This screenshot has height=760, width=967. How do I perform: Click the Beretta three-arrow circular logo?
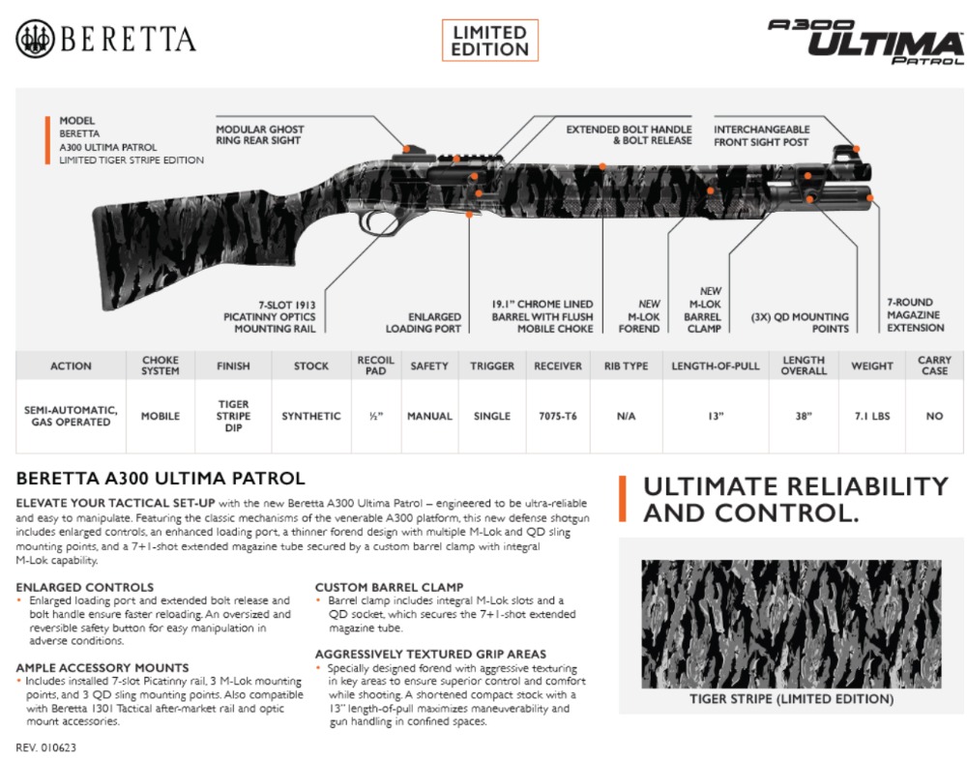pyautogui.click(x=35, y=39)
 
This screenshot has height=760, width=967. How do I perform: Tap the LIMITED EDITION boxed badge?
pyautogui.click(x=490, y=41)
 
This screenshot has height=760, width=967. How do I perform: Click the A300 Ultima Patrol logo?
pyautogui.click(x=865, y=42)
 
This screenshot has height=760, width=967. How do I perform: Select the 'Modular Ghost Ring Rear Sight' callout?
pyautogui.click(x=259, y=135)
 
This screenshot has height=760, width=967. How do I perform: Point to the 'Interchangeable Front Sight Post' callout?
pyautogui.click(x=762, y=135)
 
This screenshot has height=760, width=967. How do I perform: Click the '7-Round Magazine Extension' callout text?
pyautogui.click(x=915, y=315)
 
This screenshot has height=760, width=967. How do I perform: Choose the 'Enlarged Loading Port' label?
pyautogui.click(x=424, y=323)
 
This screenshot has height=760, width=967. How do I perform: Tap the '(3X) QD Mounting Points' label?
pyautogui.click(x=800, y=323)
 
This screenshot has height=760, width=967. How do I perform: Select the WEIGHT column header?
pyautogui.click(x=872, y=365)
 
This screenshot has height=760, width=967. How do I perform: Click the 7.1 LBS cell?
pyautogui.click(x=872, y=417)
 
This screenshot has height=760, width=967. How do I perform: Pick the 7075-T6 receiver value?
pyautogui.click(x=558, y=417)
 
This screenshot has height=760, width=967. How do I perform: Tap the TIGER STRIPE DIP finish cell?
pyautogui.click(x=233, y=416)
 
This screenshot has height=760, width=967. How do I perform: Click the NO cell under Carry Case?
pyautogui.click(x=934, y=417)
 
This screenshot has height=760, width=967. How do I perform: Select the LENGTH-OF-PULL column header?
pyautogui.click(x=716, y=365)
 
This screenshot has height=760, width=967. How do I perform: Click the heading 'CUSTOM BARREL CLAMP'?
pyautogui.click(x=389, y=587)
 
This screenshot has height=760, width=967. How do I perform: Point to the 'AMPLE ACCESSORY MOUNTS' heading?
pyautogui.click(x=103, y=668)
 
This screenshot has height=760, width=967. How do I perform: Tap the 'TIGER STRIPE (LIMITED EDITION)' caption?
pyautogui.click(x=791, y=699)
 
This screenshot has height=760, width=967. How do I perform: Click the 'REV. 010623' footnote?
pyautogui.click(x=46, y=747)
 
